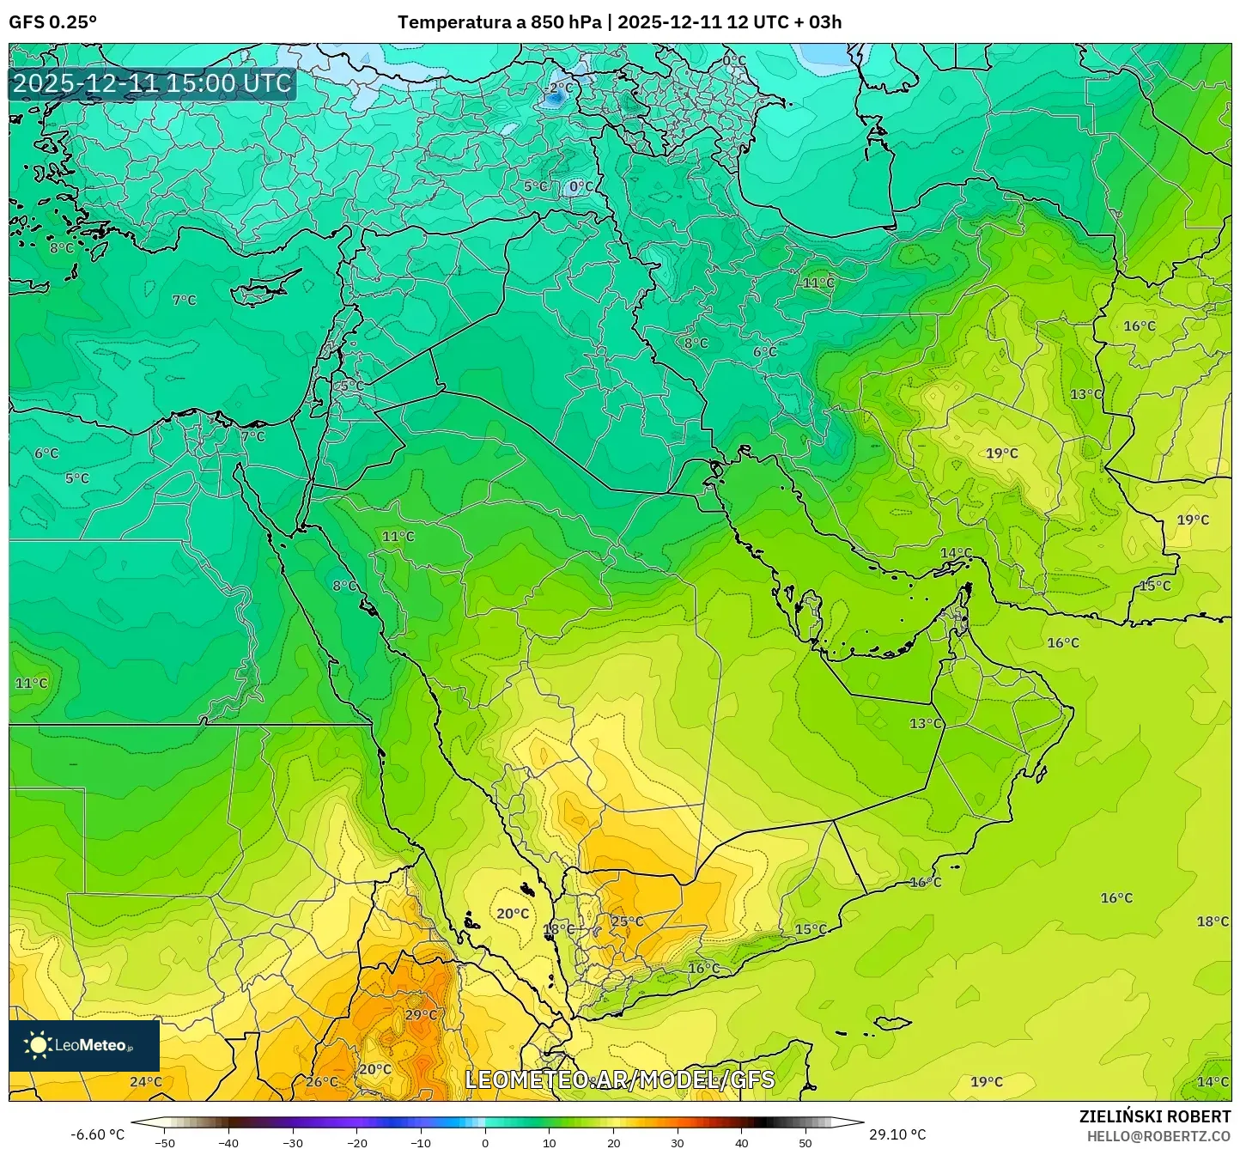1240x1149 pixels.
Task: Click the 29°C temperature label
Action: (x=421, y=1014)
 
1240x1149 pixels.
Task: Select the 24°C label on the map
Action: (x=145, y=1081)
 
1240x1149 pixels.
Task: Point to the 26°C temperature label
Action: (x=322, y=1081)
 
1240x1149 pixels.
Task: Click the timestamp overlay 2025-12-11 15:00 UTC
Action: (x=152, y=83)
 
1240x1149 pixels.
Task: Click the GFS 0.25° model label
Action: (x=52, y=22)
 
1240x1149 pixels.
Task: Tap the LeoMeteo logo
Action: (x=84, y=1045)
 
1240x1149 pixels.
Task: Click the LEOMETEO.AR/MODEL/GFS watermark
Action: (x=619, y=1079)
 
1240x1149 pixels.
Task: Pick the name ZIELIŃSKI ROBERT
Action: (x=1155, y=1116)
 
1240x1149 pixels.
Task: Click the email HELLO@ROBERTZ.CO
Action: (x=1158, y=1135)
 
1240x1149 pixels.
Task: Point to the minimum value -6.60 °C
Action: (x=97, y=1134)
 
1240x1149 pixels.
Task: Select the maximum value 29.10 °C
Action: (x=897, y=1134)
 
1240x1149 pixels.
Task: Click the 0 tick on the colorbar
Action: (x=485, y=1142)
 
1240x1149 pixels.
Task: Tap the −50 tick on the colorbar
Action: (x=164, y=1142)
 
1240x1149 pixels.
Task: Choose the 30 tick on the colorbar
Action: (x=678, y=1142)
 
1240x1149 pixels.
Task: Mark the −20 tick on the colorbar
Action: (x=356, y=1142)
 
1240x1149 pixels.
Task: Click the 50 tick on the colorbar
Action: (x=805, y=1142)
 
